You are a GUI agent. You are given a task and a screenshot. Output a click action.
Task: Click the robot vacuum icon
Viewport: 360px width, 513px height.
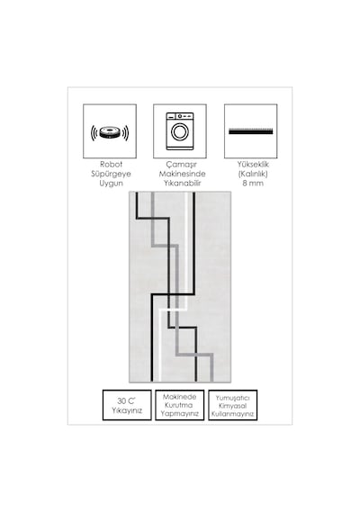(x=110, y=132)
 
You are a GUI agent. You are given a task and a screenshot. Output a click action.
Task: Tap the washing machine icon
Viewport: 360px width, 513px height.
(x=180, y=131)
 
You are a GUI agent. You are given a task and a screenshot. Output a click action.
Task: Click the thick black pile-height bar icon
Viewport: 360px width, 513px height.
(x=251, y=131)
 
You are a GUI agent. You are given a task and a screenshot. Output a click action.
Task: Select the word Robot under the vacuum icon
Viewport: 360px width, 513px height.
(x=111, y=164)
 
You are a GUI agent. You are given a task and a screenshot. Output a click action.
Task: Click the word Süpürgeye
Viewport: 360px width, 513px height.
(x=111, y=174)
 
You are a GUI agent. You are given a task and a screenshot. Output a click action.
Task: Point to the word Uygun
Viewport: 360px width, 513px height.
(x=111, y=184)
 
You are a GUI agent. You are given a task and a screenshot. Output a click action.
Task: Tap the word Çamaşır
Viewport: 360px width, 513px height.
(x=181, y=164)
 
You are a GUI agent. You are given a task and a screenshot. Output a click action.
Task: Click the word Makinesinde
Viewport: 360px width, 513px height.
(x=182, y=174)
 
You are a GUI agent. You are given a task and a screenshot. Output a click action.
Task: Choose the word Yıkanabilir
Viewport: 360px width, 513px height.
(x=183, y=184)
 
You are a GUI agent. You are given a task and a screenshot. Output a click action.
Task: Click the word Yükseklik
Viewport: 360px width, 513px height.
(x=253, y=164)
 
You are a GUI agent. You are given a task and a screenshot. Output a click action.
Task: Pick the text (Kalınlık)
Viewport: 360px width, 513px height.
(x=253, y=174)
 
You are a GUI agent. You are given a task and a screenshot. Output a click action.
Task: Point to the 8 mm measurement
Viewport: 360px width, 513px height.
(x=253, y=184)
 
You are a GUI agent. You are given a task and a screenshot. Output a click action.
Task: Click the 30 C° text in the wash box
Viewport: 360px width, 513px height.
(x=126, y=400)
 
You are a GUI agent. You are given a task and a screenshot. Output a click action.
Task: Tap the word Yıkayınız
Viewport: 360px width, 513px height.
(x=127, y=410)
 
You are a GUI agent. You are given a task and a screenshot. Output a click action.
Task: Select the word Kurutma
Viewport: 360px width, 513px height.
(x=179, y=405)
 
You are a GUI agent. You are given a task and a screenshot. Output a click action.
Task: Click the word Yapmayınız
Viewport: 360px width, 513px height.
(x=180, y=413)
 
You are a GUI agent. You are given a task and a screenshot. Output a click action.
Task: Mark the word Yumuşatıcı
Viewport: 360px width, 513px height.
(x=233, y=398)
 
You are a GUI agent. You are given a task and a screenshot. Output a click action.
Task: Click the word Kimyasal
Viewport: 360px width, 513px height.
(x=233, y=406)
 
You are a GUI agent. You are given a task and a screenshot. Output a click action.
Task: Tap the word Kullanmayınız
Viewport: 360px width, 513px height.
(x=233, y=414)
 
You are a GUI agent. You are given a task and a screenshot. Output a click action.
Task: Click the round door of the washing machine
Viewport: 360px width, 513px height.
(x=180, y=132)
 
